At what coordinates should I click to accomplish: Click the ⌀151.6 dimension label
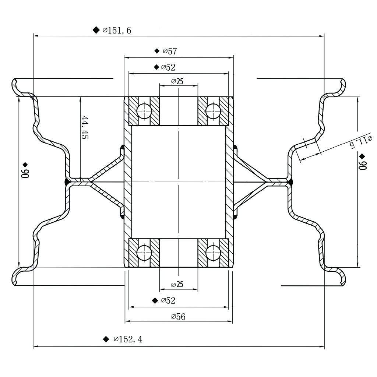(117, 30)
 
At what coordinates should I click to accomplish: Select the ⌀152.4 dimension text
(128, 339)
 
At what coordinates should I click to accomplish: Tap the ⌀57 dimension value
(170, 51)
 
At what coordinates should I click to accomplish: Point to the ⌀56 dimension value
(178, 317)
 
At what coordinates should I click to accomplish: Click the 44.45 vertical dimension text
(85, 127)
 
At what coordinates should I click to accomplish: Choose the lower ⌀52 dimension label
(168, 300)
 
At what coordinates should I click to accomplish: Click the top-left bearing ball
(144, 111)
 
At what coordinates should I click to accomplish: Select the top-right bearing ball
(213, 111)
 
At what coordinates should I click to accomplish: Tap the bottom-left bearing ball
(144, 253)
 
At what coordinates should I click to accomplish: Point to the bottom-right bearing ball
(213, 253)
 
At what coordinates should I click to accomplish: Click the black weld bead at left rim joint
(67, 182)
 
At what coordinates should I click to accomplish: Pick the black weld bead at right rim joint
(291, 182)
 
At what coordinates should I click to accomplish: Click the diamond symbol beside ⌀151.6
(96, 30)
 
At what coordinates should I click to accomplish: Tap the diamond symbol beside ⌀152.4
(106, 339)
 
